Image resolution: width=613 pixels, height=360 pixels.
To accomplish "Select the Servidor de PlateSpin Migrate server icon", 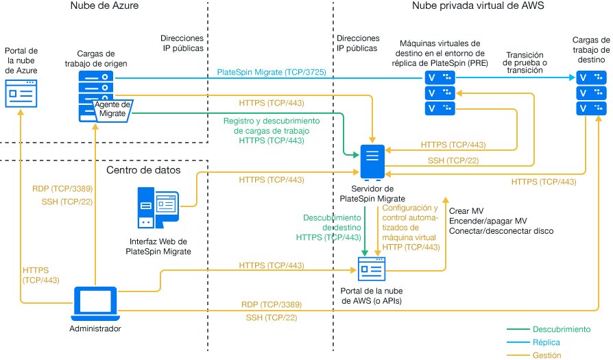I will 371,162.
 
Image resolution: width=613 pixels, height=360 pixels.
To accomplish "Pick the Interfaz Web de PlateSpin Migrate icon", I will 157,208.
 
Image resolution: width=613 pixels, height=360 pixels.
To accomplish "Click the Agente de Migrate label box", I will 112,109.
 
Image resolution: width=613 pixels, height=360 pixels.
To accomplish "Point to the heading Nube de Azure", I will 104,6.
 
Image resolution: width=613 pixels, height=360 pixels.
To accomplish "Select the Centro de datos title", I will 143,169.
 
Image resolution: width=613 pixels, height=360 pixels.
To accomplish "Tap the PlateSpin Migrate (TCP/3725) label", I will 271,72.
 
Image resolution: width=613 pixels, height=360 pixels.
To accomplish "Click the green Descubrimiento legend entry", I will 561,329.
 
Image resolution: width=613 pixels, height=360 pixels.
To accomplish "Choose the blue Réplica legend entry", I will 546,342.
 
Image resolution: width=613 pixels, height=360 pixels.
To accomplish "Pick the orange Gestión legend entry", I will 546,355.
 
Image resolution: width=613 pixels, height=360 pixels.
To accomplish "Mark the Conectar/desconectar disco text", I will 501,231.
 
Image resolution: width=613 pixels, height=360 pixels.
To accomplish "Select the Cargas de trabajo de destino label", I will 590,49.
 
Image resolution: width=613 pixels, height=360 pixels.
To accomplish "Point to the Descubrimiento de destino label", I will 332,227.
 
